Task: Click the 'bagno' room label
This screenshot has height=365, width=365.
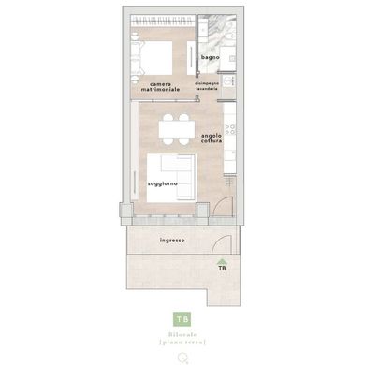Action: click(x=210, y=58)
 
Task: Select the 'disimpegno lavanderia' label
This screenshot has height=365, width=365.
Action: click(x=208, y=86)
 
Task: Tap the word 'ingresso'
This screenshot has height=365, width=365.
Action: click(x=172, y=240)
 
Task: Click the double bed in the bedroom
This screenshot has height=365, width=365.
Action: click(x=153, y=57)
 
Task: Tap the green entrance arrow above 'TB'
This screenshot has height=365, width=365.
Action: click(x=222, y=261)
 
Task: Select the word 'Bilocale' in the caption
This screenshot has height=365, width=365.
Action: click(x=183, y=335)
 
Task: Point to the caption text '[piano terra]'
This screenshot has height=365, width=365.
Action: click(x=183, y=344)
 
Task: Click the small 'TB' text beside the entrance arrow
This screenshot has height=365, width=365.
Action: click(x=222, y=269)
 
